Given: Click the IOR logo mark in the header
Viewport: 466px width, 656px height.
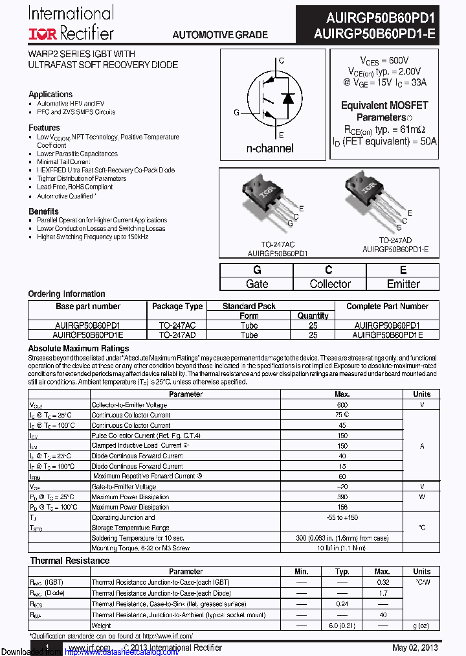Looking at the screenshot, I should [x=43, y=32].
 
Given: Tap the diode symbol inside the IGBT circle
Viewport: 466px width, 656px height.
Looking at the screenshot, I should [x=289, y=99].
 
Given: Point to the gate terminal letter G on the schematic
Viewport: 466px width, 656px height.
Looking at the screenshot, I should [x=237, y=112].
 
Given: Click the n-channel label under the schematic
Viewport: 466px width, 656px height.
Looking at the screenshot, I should [x=270, y=148].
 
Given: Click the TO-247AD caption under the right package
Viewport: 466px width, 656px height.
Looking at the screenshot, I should [x=395, y=240].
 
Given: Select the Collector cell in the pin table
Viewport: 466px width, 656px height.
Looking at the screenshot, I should [x=330, y=284].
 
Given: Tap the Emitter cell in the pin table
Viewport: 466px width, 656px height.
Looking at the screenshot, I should [x=403, y=284].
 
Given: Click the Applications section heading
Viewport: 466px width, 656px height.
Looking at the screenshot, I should [x=50, y=94].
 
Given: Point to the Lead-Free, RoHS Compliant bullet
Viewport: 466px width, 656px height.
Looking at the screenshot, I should [x=75, y=187].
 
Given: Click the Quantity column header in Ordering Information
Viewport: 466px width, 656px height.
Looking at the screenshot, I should [x=313, y=316].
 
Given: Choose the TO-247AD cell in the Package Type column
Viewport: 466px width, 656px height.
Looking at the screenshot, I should [x=177, y=335].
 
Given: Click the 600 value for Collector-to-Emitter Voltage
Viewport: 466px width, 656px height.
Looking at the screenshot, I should [x=342, y=404].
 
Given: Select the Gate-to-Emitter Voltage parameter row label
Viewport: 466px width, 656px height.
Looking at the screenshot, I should [x=124, y=486].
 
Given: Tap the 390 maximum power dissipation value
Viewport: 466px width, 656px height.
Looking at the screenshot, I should [x=342, y=497].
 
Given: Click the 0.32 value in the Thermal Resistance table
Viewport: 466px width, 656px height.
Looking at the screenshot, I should [x=383, y=582].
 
